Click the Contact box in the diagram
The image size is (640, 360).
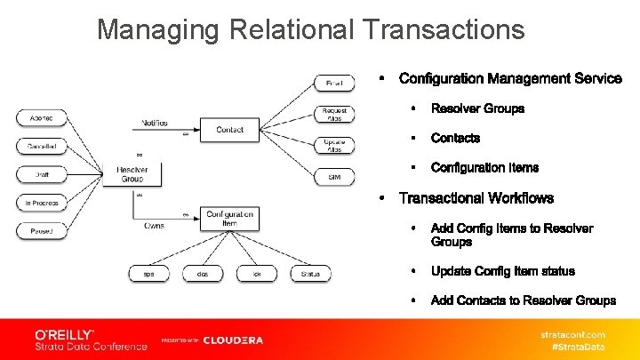click(x=229, y=130)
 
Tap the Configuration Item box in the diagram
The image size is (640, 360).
click(x=229, y=219)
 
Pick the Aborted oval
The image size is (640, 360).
click(x=42, y=118)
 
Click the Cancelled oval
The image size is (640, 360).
click(x=42, y=146)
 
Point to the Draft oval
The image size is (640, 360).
click(x=42, y=174)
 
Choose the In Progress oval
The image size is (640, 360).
click(x=42, y=203)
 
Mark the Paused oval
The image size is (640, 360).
click(x=42, y=231)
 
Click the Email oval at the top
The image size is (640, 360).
click(x=334, y=84)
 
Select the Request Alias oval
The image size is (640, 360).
click(x=334, y=114)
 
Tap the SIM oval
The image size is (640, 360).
click(x=334, y=177)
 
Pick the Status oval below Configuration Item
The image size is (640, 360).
click(x=310, y=274)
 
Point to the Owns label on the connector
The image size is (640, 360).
click(x=154, y=226)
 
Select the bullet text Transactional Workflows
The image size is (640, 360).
click(x=476, y=198)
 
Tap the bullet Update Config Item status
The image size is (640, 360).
click(x=502, y=271)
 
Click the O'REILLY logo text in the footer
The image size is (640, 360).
click(x=64, y=333)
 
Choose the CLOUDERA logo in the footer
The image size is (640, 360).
click(x=233, y=340)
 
